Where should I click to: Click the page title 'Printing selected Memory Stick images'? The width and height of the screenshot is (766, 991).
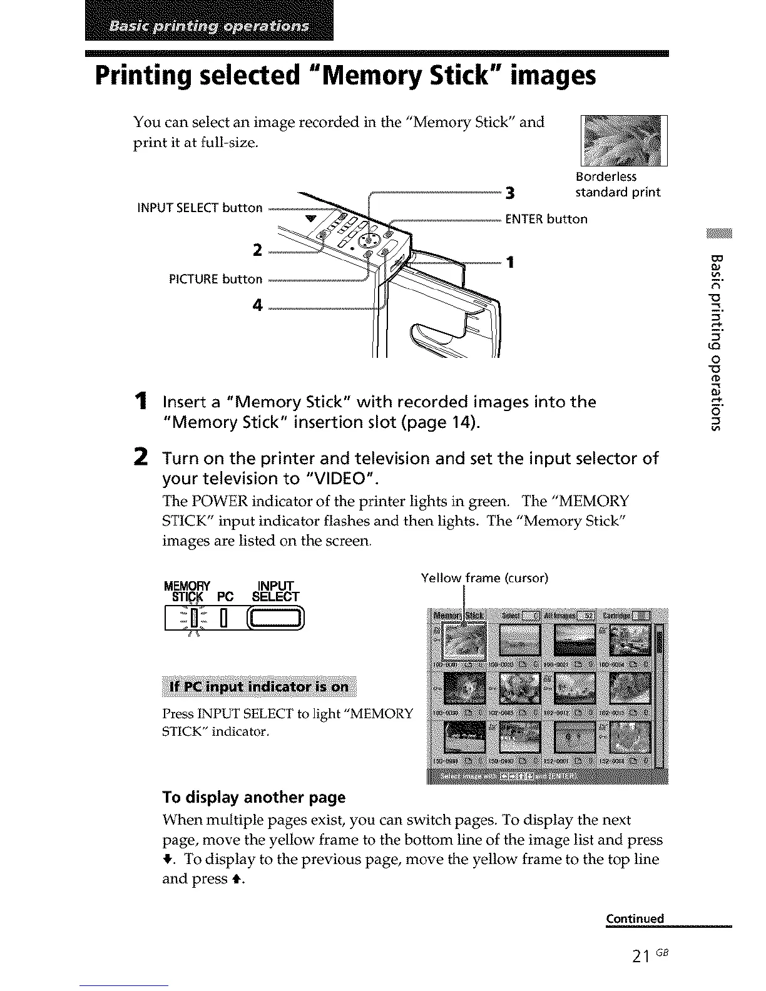tap(345, 76)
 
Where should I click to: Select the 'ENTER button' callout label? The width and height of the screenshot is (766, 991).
tap(546, 219)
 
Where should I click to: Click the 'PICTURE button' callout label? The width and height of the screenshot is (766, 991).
tap(216, 279)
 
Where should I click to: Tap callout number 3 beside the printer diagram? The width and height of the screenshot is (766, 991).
tap(510, 194)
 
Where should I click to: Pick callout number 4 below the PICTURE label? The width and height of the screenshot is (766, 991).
tap(257, 305)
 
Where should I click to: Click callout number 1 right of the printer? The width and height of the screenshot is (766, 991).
tap(511, 263)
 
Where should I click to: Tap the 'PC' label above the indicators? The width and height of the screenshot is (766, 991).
tap(225, 596)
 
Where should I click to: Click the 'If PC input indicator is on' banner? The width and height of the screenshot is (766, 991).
tap(258, 686)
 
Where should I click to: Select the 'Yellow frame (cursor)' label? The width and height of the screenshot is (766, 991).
tap(484, 577)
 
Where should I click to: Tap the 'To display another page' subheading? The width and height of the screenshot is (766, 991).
tap(253, 797)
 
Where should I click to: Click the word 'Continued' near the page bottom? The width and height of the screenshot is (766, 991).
tap(635, 918)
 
